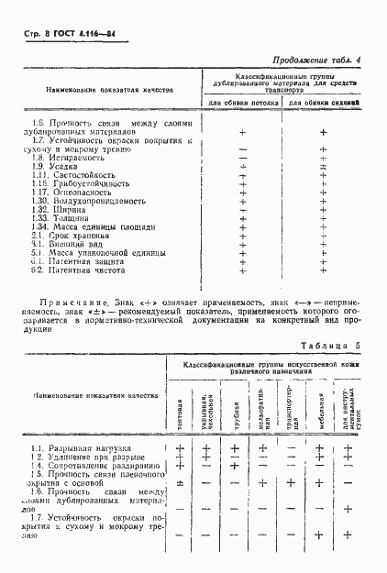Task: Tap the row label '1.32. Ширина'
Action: tap(56, 210)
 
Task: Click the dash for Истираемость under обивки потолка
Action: tap(243, 158)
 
